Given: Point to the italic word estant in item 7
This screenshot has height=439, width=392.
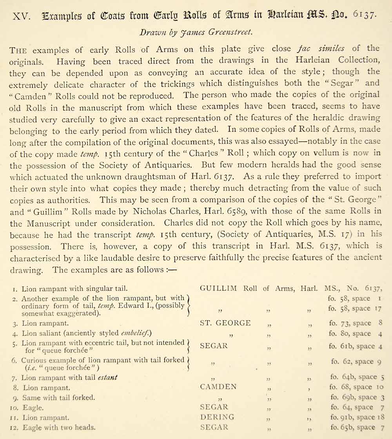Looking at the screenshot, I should point(107,378).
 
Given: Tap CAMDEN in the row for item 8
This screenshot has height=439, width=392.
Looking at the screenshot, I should point(218,387).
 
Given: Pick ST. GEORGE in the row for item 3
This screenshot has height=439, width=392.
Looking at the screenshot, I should point(225,323).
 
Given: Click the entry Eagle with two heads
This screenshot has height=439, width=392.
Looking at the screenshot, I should point(58,428).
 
